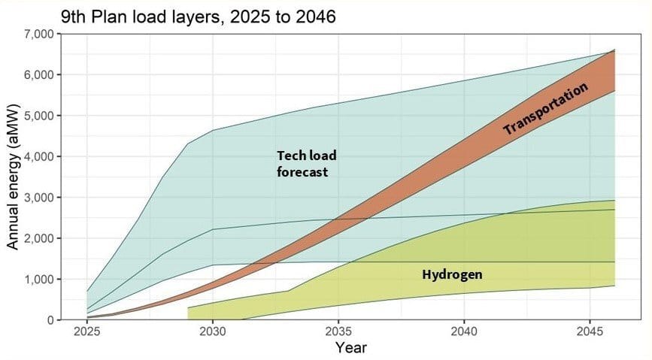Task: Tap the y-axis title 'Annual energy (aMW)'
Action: click(x=14, y=177)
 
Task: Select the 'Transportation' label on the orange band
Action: click(x=545, y=109)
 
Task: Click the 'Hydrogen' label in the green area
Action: click(x=452, y=275)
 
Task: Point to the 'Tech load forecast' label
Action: click(x=306, y=164)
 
